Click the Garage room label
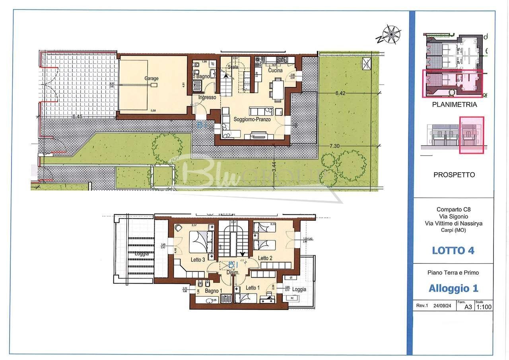click(x=151, y=78)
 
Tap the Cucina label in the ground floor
click(x=275, y=70)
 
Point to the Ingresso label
click(x=207, y=97)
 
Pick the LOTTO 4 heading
click(x=453, y=251)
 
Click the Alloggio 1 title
click(x=453, y=288)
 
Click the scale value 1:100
click(x=484, y=307)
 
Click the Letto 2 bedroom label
click(x=265, y=258)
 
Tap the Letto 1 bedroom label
click(x=253, y=288)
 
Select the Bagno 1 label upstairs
click(x=214, y=291)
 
